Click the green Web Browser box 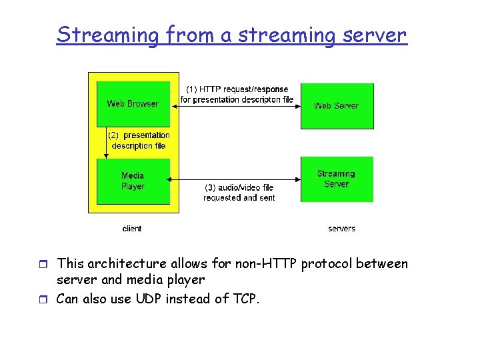[133, 104]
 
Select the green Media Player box [133, 181]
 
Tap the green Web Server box [337, 106]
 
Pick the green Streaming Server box [337, 179]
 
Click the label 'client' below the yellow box [132, 229]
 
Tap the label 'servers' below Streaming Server [341, 229]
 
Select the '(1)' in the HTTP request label [191, 89]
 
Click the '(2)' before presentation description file [113, 135]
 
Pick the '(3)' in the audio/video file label [211, 188]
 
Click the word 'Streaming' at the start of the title [108, 35]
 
